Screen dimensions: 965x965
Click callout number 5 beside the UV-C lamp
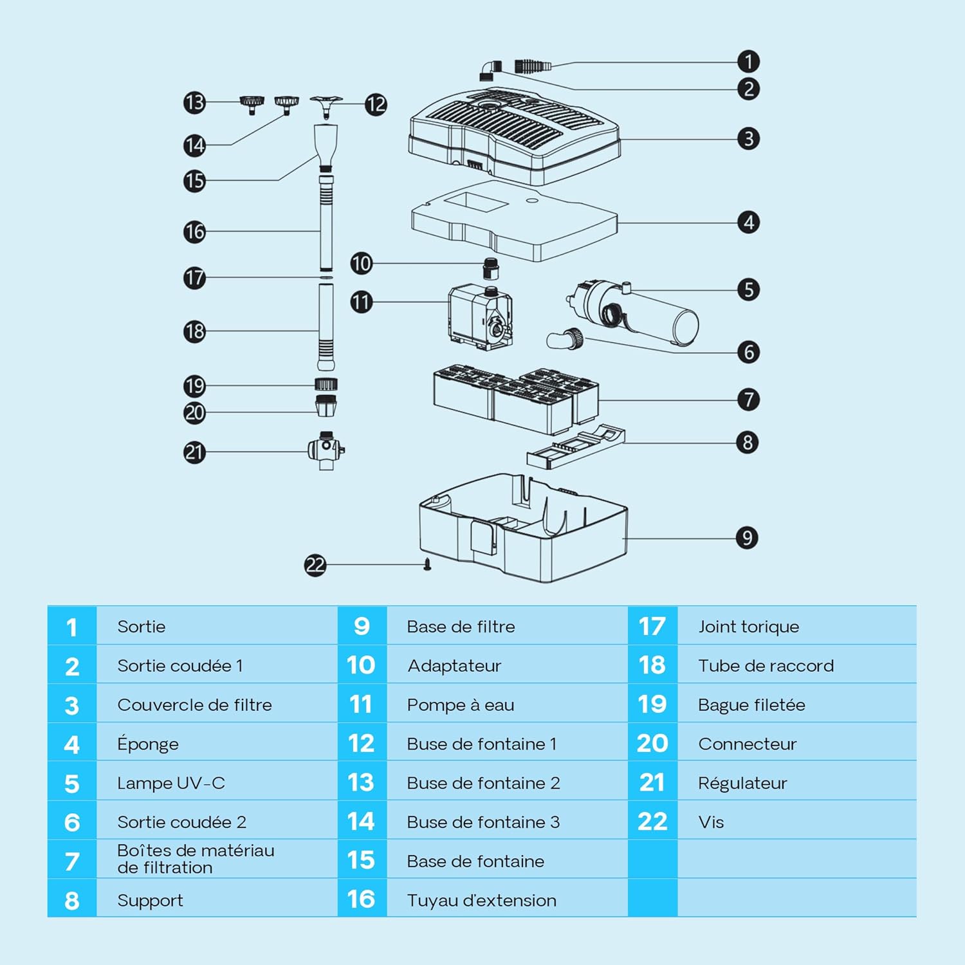coord(748,289)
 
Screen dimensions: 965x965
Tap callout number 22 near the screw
coord(315,565)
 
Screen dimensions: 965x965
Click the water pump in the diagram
coord(481,317)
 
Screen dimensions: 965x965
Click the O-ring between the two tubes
coord(327,278)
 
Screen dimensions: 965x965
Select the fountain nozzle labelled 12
coord(326,106)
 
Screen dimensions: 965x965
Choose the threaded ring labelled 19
coord(327,385)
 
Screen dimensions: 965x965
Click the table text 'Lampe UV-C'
coord(171,783)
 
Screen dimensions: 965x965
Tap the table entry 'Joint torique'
coord(749,627)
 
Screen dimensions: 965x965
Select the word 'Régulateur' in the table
coord(742,783)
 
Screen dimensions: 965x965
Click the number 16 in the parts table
coord(361,899)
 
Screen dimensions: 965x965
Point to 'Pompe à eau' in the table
coord(461,705)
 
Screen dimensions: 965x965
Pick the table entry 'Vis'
coord(711,822)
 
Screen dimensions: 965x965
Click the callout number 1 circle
coord(748,62)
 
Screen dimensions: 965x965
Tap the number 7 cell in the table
coord(72,861)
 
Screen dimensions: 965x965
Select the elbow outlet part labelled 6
coord(565,338)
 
